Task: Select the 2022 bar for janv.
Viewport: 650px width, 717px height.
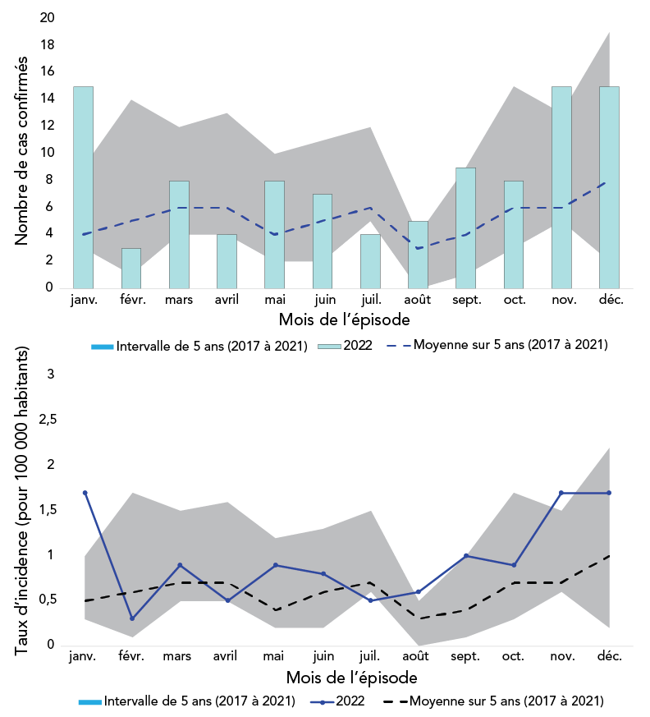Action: tap(83, 186)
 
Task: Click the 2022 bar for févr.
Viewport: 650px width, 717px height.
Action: tap(131, 268)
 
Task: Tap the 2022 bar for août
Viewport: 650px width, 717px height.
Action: tap(418, 254)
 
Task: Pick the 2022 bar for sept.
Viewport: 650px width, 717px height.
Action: tap(465, 228)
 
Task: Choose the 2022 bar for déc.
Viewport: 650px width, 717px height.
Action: tap(609, 186)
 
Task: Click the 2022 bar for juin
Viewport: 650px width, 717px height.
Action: tap(323, 241)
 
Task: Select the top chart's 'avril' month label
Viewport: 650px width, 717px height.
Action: tap(227, 300)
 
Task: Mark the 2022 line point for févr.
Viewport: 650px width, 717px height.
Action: tap(132, 618)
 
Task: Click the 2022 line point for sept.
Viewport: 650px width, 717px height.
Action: tap(465, 556)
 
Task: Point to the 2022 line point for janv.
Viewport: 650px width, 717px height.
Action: tap(85, 493)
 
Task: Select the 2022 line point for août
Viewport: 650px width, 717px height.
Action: tap(418, 592)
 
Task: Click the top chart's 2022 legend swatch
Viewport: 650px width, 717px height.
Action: tap(331, 346)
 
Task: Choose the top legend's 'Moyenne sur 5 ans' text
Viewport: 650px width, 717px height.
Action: tap(510, 345)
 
